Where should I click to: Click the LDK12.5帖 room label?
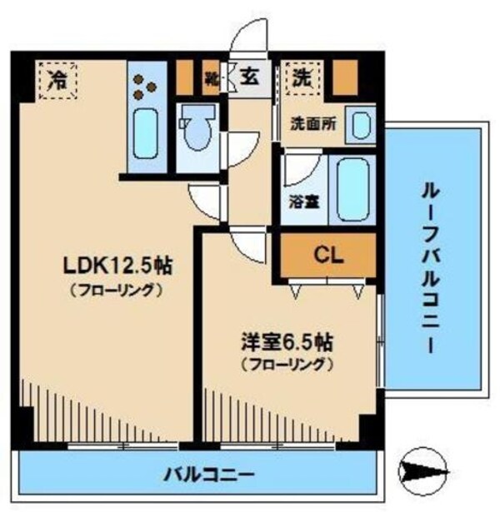tap(118, 266)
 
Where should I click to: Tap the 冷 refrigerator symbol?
tap(58, 80)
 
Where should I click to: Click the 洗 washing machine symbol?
tap(301, 77)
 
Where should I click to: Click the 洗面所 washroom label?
tap(313, 124)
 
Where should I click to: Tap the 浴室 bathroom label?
tap(302, 201)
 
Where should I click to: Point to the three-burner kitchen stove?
tap(148, 84)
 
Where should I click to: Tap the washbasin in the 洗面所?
tap(361, 126)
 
